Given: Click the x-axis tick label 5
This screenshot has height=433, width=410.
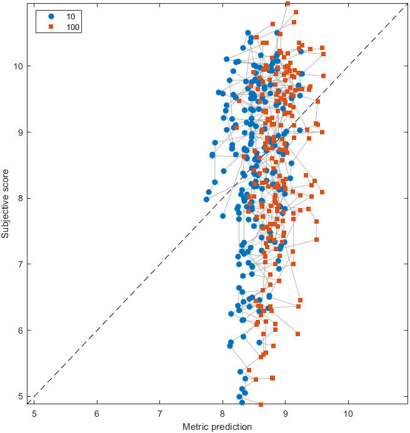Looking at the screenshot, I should pos(34,413).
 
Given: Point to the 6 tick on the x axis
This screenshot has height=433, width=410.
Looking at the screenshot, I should pos(97,413).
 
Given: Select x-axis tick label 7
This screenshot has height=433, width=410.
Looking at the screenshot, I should pos(160,413).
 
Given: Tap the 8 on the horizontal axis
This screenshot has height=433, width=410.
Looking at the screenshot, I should pos(222,413).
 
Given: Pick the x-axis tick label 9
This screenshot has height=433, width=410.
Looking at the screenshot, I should pos(286,413).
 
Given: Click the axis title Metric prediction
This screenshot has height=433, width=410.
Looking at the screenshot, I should pos(217,427).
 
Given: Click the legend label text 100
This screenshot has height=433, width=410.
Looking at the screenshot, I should pos(72,26).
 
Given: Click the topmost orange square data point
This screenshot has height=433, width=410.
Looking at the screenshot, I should pos(287,4).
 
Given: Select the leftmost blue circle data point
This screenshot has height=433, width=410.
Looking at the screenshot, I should pos(206,199).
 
